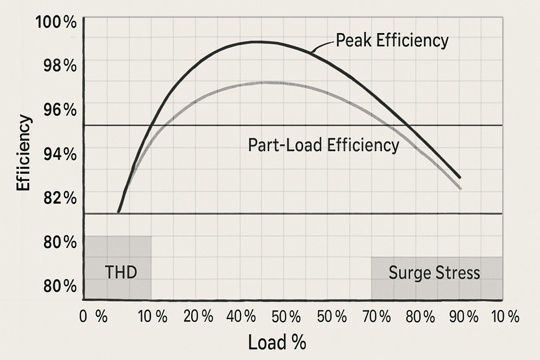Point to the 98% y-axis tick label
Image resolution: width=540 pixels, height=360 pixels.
60,66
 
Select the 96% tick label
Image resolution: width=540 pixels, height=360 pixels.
60,110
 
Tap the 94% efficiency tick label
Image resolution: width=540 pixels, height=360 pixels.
60,154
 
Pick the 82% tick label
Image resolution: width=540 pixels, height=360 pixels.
60,198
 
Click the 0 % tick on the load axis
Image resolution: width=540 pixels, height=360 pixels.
93,317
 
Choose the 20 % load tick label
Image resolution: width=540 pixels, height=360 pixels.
198,317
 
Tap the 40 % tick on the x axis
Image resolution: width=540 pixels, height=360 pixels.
241,317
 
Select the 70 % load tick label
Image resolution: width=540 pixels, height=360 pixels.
377,317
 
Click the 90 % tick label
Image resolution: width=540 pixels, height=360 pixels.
464,317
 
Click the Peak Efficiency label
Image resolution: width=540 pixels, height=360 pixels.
392,40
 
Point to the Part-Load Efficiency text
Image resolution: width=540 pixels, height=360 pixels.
323,145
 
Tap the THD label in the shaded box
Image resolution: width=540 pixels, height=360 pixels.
121,272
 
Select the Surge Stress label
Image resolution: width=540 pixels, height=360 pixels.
434,273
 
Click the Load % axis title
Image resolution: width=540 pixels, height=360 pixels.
277,342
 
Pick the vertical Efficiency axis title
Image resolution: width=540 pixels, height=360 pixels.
24,153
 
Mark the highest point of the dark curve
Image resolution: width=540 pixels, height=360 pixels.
260,41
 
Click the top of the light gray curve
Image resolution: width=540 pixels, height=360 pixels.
267,82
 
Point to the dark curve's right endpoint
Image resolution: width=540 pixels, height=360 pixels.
460,178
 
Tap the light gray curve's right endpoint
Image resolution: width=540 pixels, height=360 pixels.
460,189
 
